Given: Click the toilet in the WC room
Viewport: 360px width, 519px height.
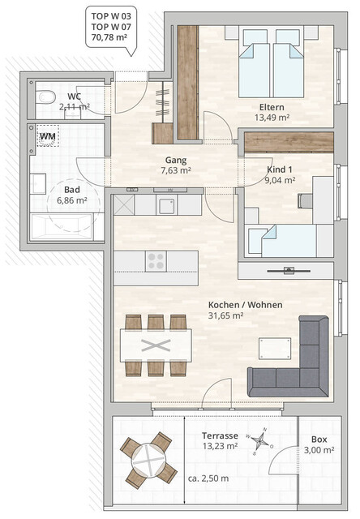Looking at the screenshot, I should [45, 97].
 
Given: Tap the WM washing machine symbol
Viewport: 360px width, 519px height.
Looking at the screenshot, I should [49, 136].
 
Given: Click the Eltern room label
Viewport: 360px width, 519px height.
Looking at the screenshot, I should [272, 106].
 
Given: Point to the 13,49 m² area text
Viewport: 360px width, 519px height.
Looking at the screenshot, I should [272, 117].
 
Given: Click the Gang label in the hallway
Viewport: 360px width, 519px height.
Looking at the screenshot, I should [176, 160].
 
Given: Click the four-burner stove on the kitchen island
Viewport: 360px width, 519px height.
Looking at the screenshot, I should [155, 261].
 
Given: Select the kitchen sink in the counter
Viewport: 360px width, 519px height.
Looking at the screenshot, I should [167, 204].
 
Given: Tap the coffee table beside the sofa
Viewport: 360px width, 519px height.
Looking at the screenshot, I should [272, 348].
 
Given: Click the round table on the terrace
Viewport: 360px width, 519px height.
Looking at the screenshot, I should [148, 459].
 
